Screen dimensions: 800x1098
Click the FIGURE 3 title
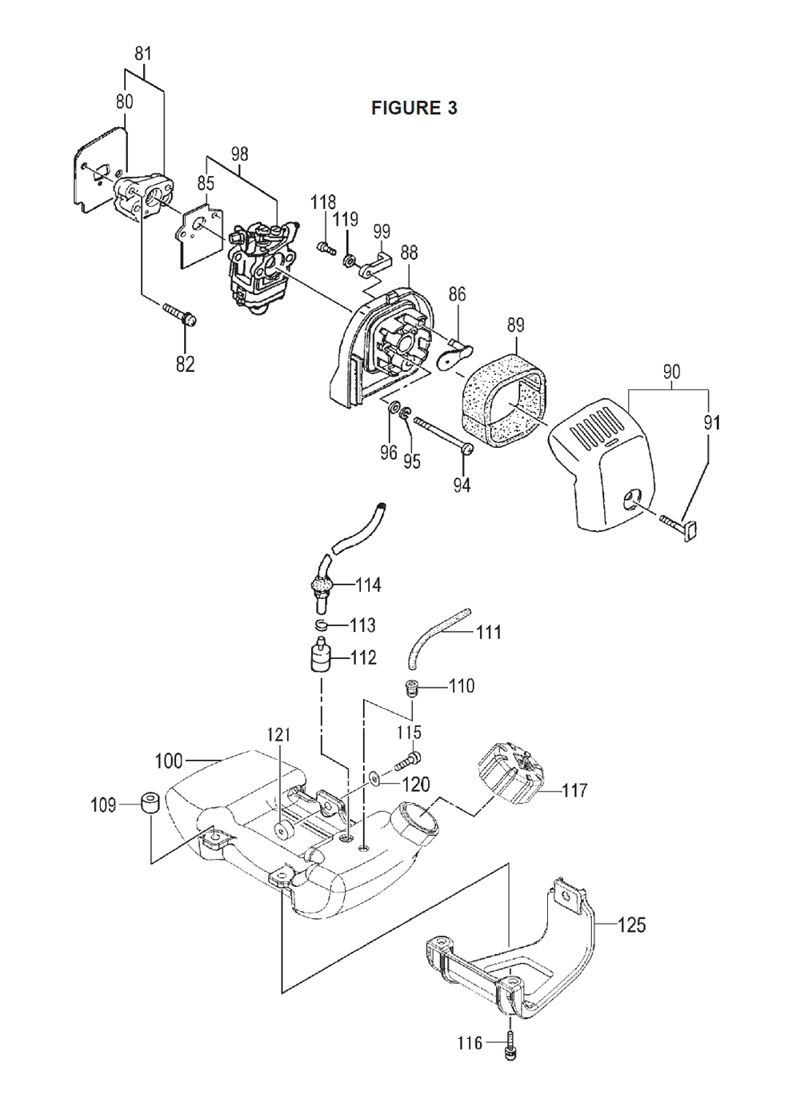tap(414, 108)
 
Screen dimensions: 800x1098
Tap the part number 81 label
tap(142, 54)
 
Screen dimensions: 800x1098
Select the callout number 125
tap(631, 925)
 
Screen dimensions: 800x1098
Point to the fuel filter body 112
tap(320, 657)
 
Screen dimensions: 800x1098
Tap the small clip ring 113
tap(322, 625)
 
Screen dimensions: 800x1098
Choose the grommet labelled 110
tap(410, 687)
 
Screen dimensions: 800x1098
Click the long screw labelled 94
tap(444, 434)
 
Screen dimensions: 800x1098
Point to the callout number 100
tap(169, 761)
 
